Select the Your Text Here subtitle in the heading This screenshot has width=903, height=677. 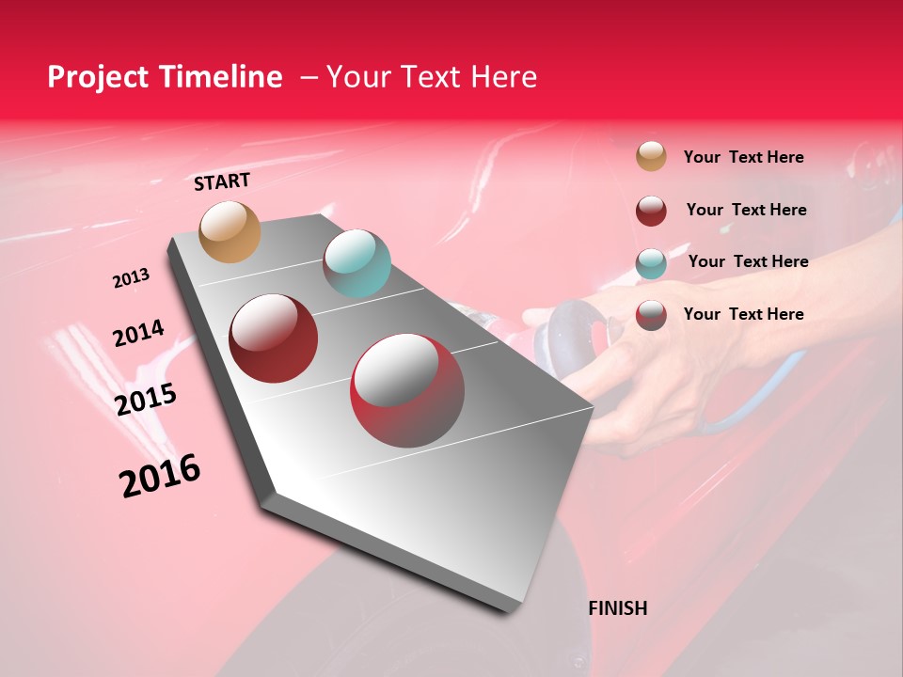431,77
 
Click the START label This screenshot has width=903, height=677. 222,181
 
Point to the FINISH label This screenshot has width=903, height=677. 617,608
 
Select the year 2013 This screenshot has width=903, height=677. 132,278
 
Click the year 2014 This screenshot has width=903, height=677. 138,334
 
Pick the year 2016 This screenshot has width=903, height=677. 160,476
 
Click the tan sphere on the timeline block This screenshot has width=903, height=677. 230,231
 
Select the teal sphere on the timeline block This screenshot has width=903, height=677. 356,263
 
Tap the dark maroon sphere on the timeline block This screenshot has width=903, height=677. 274,338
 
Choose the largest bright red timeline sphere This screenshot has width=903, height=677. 407,390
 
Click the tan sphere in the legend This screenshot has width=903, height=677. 651,156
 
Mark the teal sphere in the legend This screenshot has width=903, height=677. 651,263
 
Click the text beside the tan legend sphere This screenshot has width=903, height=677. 743,157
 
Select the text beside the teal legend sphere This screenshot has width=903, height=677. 748,261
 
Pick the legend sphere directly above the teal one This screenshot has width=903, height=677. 651,211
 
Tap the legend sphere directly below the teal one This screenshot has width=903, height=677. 651,316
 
